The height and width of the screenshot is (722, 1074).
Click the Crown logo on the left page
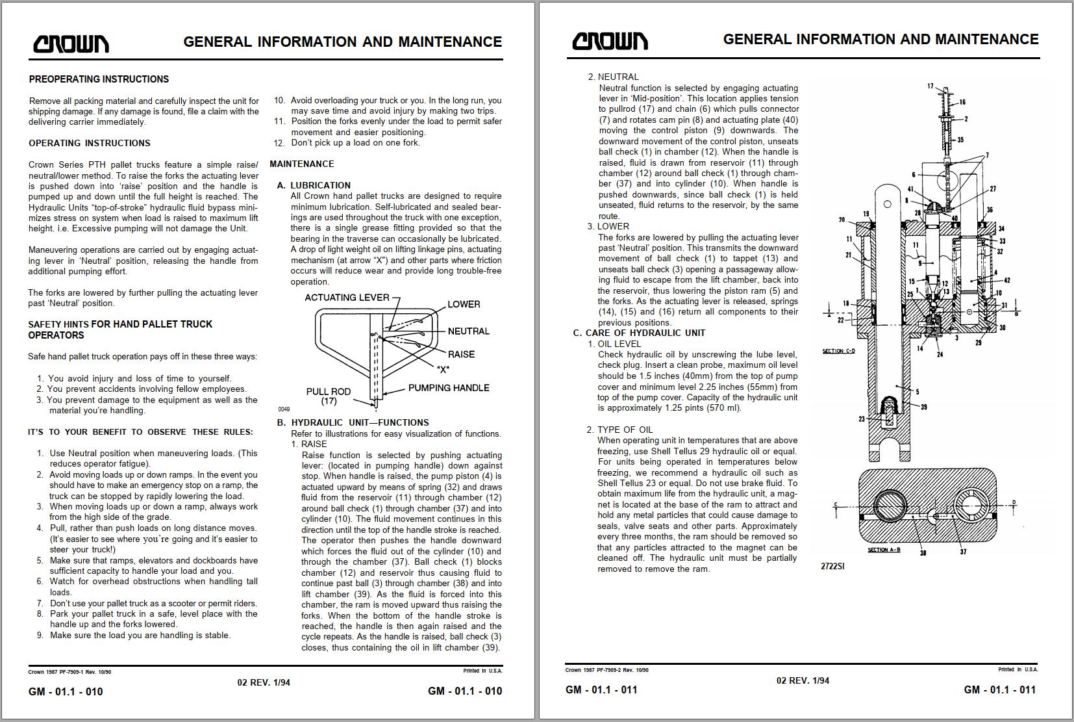click(x=71, y=44)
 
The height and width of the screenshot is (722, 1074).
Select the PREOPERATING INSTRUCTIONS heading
click(x=99, y=79)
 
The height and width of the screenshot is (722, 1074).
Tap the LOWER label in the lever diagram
click(x=464, y=304)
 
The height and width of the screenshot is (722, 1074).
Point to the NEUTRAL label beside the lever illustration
click(x=468, y=331)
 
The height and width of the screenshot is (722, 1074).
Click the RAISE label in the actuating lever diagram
click(x=460, y=354)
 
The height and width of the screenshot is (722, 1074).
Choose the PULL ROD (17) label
click(x=329, y=396)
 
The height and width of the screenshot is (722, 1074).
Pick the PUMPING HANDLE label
click(x=449, y=388)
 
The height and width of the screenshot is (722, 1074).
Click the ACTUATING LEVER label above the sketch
click(x=347, y=298)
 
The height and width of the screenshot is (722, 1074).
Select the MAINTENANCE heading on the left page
click(x=302, y=164)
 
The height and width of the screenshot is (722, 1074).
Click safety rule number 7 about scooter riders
click(x=153, y=603)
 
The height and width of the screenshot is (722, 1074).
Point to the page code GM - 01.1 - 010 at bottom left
click(x=66, y=691)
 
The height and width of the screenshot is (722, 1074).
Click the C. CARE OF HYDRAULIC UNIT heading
click(x=639, y=333)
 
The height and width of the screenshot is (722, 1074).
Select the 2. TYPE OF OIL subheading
click(x=619, y=430)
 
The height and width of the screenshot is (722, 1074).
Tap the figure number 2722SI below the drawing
click(x=832, y=566)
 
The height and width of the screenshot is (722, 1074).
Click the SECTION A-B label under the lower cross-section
click(x=884, y=550)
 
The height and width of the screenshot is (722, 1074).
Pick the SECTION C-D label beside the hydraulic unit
click(x=838, y=351)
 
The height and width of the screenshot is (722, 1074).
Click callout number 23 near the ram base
click(x=862, y=419)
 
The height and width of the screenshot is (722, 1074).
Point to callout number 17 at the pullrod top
click(x=930, y=86)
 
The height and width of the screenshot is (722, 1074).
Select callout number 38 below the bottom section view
click(x=923, y=553)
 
